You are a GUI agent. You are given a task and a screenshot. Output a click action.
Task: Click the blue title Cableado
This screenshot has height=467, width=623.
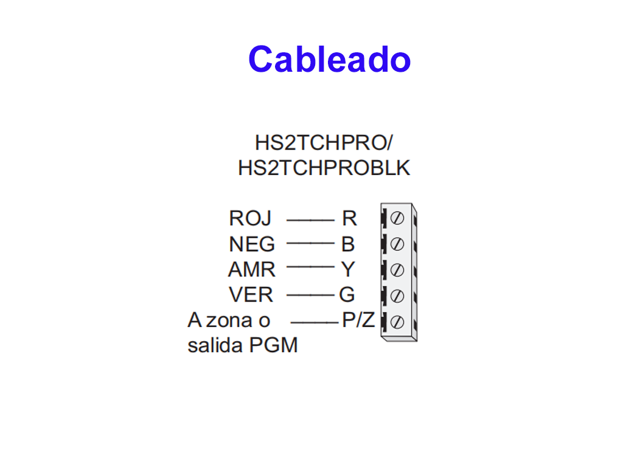tap(329, 60)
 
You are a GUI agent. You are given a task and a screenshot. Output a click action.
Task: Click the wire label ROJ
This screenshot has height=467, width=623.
tap(250, 218)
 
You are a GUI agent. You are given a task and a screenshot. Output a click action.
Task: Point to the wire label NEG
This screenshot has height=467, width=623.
tap(252, 244)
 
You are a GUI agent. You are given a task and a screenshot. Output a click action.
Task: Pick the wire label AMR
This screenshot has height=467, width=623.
tap(251, 269)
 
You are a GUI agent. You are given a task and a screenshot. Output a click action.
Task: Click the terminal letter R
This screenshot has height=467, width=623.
tap(349, 218)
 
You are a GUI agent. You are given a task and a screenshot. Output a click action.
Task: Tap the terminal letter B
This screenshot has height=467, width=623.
tap(348, 244)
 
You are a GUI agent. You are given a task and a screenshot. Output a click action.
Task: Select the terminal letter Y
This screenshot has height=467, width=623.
tap(348, 269)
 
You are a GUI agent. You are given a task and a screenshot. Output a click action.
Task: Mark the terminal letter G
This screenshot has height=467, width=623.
tap(347, 295)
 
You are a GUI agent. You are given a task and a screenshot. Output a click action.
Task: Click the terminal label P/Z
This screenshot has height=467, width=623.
tap(358, 320)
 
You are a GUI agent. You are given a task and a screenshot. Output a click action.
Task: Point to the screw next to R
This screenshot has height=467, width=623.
tap(397, 218)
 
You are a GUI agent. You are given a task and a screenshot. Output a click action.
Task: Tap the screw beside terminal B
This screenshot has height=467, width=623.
tap(397, 244)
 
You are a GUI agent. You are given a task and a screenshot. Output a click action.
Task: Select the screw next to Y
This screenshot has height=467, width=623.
tap(397, 269)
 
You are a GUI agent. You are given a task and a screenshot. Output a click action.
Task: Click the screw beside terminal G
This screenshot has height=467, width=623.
tap(397, 296)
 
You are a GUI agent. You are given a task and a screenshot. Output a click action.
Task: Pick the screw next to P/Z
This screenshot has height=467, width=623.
tap(397, 321)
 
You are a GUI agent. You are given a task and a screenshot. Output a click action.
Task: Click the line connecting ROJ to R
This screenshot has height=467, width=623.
tap(310, 218)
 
